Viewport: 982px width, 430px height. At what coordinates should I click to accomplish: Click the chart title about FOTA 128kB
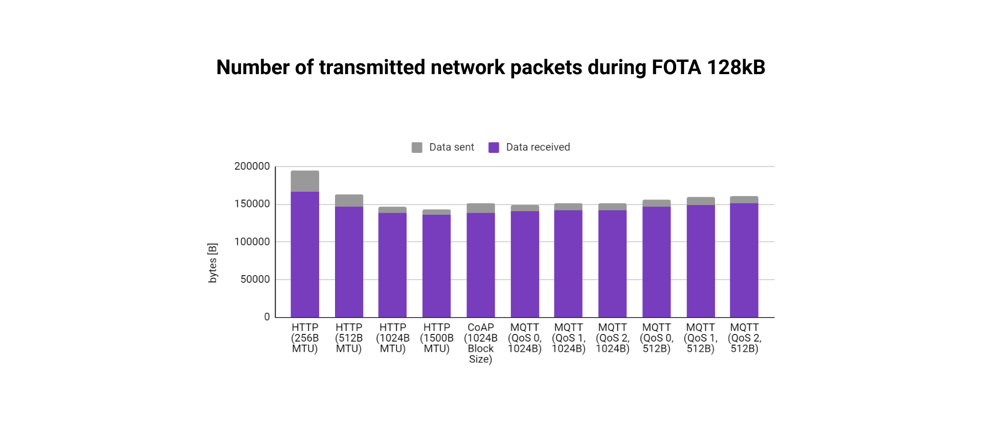(x=490, y=67)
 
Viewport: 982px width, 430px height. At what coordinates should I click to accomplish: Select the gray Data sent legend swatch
(x=417, y=148)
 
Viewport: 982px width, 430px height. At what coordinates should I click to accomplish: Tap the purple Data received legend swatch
(x=494, y=148)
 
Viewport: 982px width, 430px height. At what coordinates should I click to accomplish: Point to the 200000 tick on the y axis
(x=252, y=166)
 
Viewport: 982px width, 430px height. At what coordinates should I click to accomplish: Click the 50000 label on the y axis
(x=255, y=279)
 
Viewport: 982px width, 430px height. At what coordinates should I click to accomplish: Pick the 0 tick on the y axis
(x=266, y=317)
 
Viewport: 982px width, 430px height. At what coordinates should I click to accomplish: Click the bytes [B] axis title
(x=212, y=263)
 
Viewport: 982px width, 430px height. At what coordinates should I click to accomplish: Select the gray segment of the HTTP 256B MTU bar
(x=305, y=181)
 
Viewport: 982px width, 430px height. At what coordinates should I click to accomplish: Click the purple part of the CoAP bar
(x=480, y=265)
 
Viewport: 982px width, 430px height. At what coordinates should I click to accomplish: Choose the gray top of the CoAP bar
(x=480, y=208)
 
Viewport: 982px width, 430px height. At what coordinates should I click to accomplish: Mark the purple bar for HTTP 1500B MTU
(x=436, y=266)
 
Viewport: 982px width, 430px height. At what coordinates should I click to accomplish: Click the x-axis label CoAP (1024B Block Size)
(x=480, y=343)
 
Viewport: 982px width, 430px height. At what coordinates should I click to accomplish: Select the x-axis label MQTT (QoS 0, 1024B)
(x=524, y=338)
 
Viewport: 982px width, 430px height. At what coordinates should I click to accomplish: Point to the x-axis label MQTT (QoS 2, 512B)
(x=744, y=338)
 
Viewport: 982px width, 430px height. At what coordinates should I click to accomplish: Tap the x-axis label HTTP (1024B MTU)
(x=392, y=338)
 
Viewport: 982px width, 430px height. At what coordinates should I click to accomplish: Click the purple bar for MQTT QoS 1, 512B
(x=700, y=261)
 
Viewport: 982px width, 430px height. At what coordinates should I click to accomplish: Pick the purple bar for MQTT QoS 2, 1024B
(x=612, y=263)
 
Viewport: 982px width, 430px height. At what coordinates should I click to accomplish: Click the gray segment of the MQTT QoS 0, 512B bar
(x=656, y=203)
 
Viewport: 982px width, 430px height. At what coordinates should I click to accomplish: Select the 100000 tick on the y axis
(x=252, y=241)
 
